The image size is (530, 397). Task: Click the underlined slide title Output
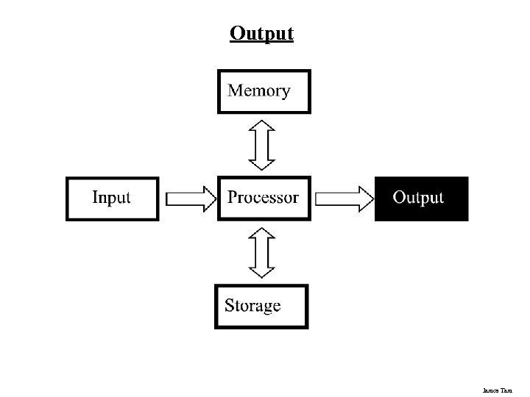(261, 34)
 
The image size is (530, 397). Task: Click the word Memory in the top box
(259, 91)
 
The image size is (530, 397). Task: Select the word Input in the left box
(111, 198)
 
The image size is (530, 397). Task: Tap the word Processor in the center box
(263, 198)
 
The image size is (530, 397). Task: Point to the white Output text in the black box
(418, 198)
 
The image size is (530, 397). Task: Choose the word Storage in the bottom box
(252, 306)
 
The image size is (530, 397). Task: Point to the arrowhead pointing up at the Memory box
(261, 126)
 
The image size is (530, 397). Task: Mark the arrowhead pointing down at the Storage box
(261, 270)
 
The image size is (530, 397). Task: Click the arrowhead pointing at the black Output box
(364, 198)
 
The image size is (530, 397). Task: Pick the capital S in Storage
(230, 305)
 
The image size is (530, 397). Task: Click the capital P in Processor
(233, 197)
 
